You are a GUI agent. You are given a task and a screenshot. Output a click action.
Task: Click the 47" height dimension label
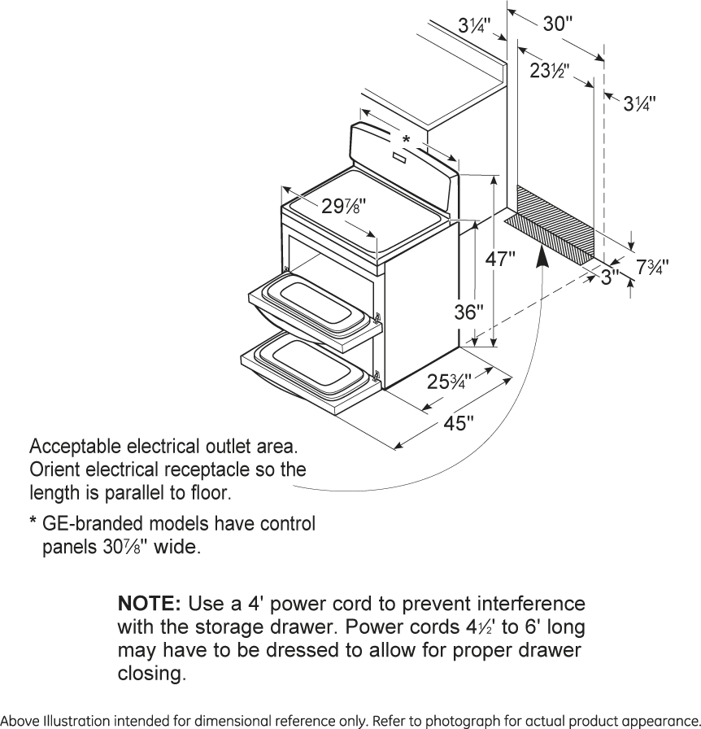pos(500,260)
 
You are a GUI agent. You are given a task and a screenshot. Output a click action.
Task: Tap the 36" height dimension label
pos(470,312)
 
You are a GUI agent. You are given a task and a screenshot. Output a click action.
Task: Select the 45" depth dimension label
pos(459,425)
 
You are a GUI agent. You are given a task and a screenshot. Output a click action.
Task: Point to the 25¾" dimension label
pos(449,382)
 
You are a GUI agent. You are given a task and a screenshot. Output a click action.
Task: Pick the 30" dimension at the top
pos(558,24)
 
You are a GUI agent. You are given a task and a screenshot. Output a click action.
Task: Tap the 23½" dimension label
pos(549,71)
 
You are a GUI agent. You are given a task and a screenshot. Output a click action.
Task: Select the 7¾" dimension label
pos(652,266)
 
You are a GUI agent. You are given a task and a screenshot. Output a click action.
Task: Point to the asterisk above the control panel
pos(406,139)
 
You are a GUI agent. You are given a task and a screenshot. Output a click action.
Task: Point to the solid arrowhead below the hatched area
pos(542,256)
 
